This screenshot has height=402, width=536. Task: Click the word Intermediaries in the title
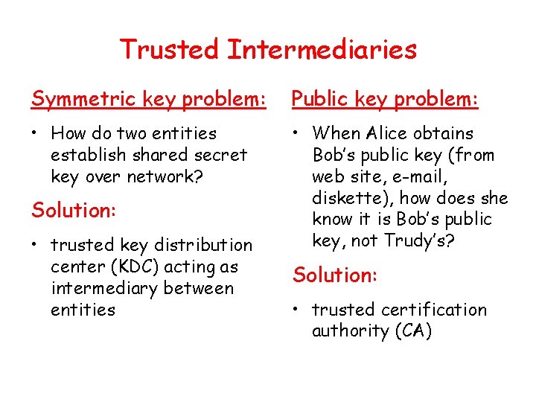coord(322,50)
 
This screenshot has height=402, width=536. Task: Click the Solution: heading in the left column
coord(74,210)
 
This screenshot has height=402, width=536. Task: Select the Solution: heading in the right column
coord(336,275)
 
